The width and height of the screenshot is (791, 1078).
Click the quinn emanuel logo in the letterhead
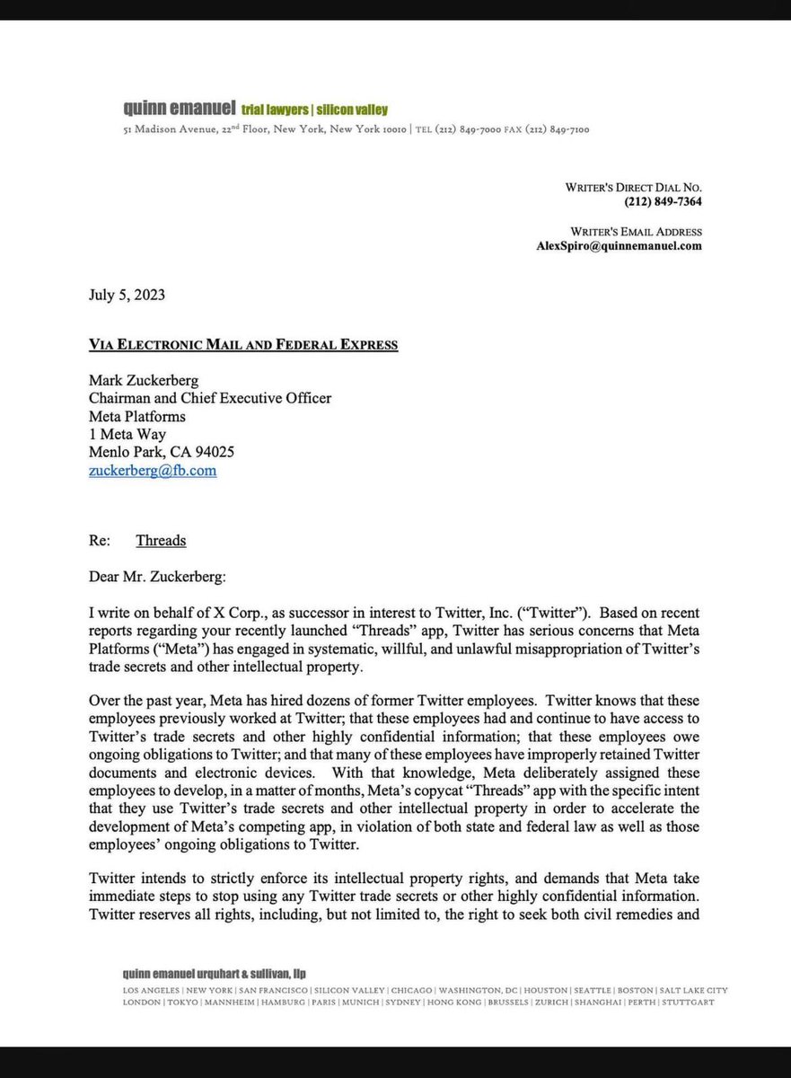coord(180,110)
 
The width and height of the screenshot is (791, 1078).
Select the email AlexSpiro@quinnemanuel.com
coord(619,245)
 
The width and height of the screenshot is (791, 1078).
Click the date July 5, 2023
coord(127,295)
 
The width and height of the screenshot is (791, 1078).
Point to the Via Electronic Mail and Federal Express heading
coord(243,344)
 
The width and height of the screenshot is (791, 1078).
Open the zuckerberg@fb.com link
coord(153,470)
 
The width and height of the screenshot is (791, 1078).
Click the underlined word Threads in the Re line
coord(161,540)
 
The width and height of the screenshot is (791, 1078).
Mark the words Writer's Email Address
coord(634,230)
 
